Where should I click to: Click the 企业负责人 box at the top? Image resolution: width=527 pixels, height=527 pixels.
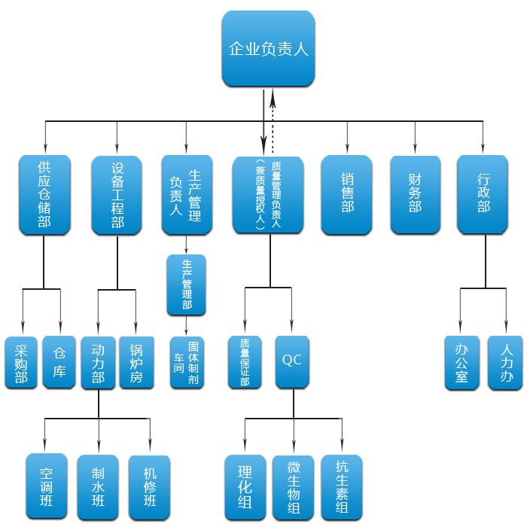tap(268, 49)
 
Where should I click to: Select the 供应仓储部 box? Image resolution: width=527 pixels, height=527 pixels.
tap(44, 194)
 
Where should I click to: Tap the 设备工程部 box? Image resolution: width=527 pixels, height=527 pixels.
tap(117, 194)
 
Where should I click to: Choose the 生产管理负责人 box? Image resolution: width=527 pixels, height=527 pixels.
tap(186, 194)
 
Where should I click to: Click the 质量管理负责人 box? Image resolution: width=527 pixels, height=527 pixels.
tap(267, 194)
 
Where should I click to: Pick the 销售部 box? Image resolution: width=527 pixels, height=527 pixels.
tap(346, 194)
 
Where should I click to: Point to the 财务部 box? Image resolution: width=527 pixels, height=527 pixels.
tap(415, 194)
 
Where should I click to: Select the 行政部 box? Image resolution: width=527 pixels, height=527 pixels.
tap(483, 194)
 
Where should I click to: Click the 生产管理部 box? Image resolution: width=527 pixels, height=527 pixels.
tap(186, 285)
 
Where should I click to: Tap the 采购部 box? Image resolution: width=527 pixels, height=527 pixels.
tap(21, 361)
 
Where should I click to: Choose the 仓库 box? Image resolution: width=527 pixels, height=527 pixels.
tap(59, 361)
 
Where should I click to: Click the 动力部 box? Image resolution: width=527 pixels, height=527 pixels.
tap(98, 361)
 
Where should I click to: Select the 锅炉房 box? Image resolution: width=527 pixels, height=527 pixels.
tap(136, 361)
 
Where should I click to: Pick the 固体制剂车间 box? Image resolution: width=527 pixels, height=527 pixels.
tap(186, 361)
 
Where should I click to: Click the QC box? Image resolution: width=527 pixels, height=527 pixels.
tap(291, 361)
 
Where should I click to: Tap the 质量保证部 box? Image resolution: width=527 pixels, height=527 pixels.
tap(245, 361)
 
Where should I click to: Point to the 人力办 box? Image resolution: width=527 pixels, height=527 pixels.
tap(506, 361)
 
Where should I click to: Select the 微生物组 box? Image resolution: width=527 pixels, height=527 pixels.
tap(293, 486)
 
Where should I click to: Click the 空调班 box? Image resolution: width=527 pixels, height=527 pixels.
tap(46, 486)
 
